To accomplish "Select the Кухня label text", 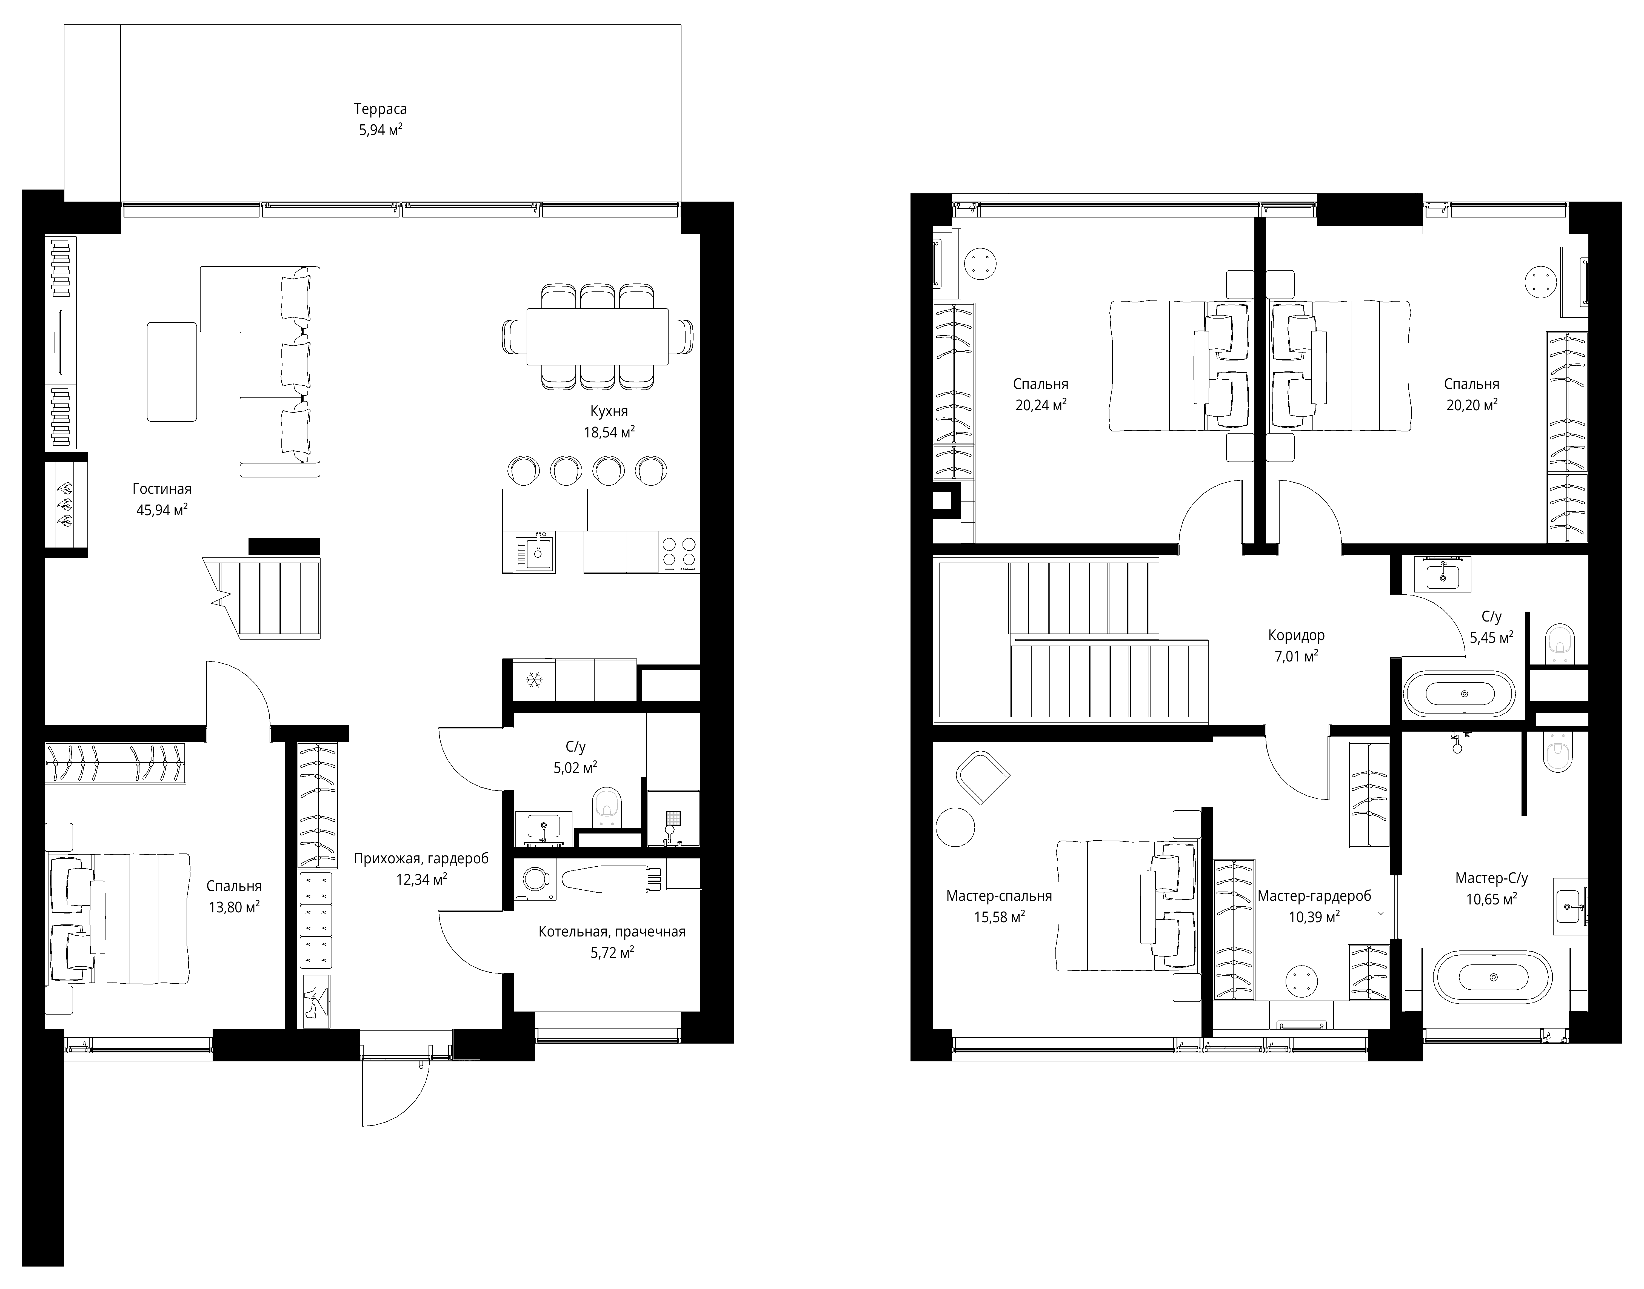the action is [x=609, y=411].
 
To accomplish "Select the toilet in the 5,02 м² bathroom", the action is [x=606, y=806].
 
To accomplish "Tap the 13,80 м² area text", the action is [x=234, y=907].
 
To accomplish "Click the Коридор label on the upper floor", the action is [x=1296, y=635].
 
